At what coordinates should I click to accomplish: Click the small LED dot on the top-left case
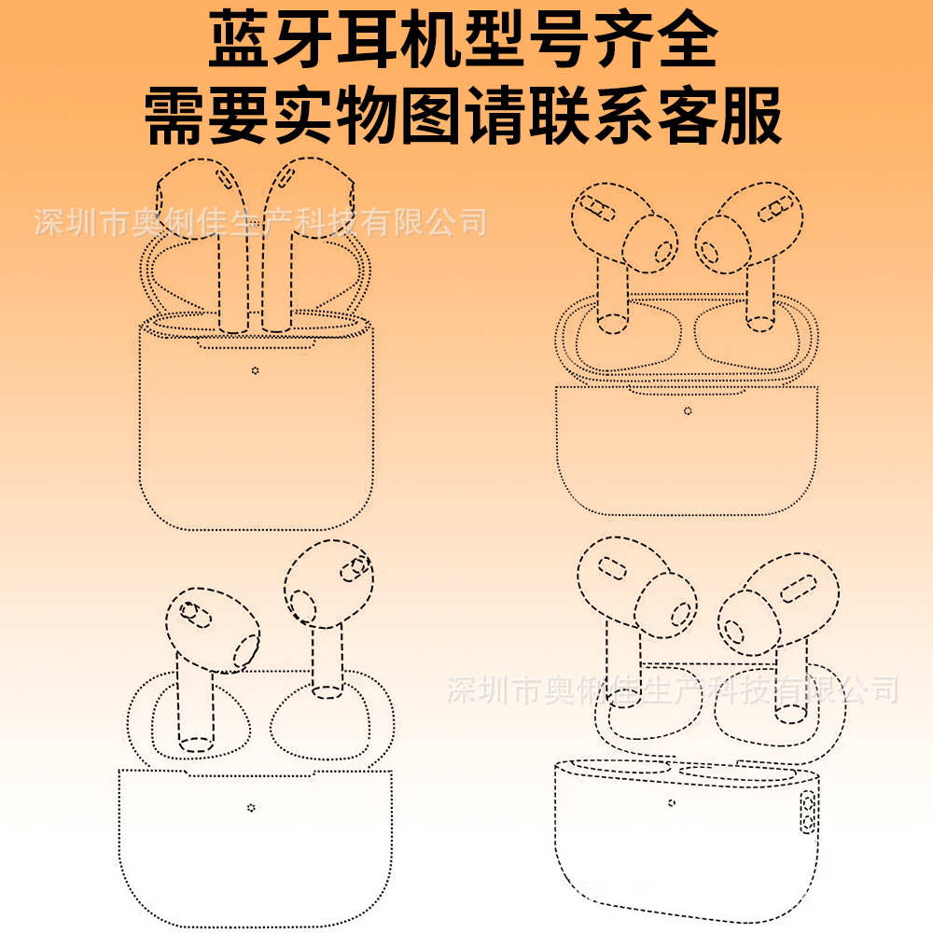[x=256, y=370]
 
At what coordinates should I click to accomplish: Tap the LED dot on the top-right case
[x=688, y=411]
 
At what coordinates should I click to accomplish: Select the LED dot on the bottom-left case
[x=251, y=807]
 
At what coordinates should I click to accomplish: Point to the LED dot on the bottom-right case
[x=672, y=802]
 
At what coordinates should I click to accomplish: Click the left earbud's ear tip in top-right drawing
[x=651, y=244]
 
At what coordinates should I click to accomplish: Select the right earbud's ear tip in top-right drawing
[x=724, y=244]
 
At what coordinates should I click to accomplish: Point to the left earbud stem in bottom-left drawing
[x=195, y=703]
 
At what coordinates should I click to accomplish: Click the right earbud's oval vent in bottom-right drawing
[x=798, y=589]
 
